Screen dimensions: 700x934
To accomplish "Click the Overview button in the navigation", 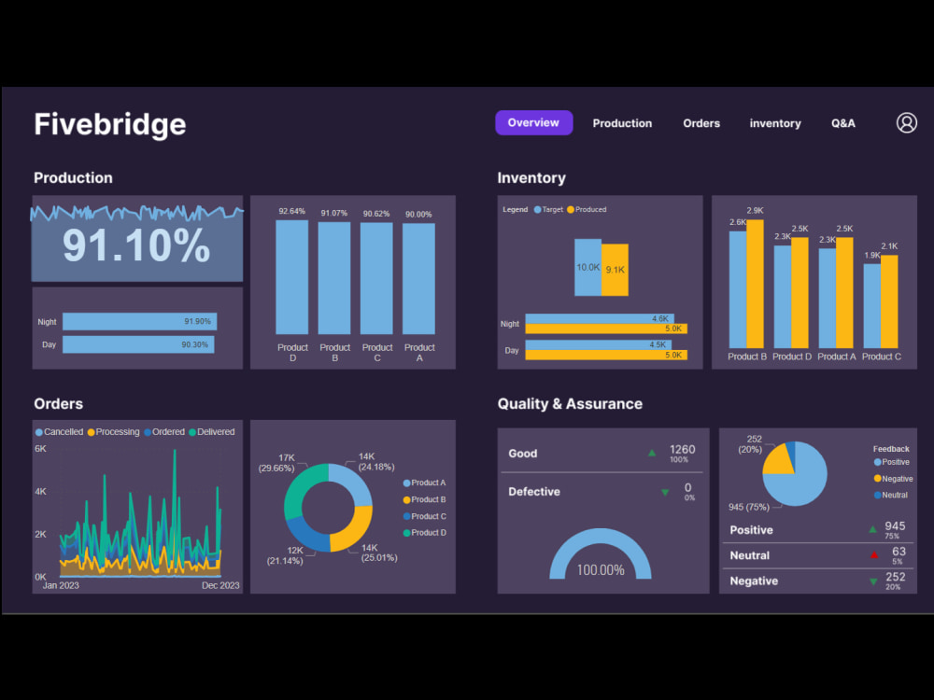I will click(x=533, y=123).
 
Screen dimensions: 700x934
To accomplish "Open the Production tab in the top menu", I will click(x=622, y=123).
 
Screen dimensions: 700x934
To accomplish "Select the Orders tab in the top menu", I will click(x=701, y=123).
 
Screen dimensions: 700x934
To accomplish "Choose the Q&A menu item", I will click(x=843, y=123).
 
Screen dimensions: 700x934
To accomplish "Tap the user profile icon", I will click(x=907, y=123).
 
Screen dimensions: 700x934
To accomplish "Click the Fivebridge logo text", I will click(x=110, y=124).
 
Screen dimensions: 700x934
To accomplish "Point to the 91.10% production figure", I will click(x=136, y=245).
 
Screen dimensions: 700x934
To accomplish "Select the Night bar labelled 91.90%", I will click(x=139, y=321).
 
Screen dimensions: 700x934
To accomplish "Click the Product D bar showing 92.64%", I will click(x=292, y=277).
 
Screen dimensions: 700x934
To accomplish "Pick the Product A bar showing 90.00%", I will click(x=418, y=278).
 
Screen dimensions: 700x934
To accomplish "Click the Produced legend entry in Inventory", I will click(x=587, y=210).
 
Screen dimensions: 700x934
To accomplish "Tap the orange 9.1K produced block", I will click(x=615, y=270).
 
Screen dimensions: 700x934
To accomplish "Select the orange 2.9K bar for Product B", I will click(x=755, y=284).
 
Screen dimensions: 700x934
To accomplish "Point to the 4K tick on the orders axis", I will click(x=41, y=492).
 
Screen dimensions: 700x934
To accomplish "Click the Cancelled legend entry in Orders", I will click(x=59, y=432).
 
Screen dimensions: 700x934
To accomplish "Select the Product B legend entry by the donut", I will click(x=425, y=499).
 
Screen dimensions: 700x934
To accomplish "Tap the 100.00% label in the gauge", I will click(x=600, y=569).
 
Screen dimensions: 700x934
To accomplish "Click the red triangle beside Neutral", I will click(x=873, y=554).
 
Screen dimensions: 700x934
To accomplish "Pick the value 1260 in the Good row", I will click(x=682, y=450).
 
